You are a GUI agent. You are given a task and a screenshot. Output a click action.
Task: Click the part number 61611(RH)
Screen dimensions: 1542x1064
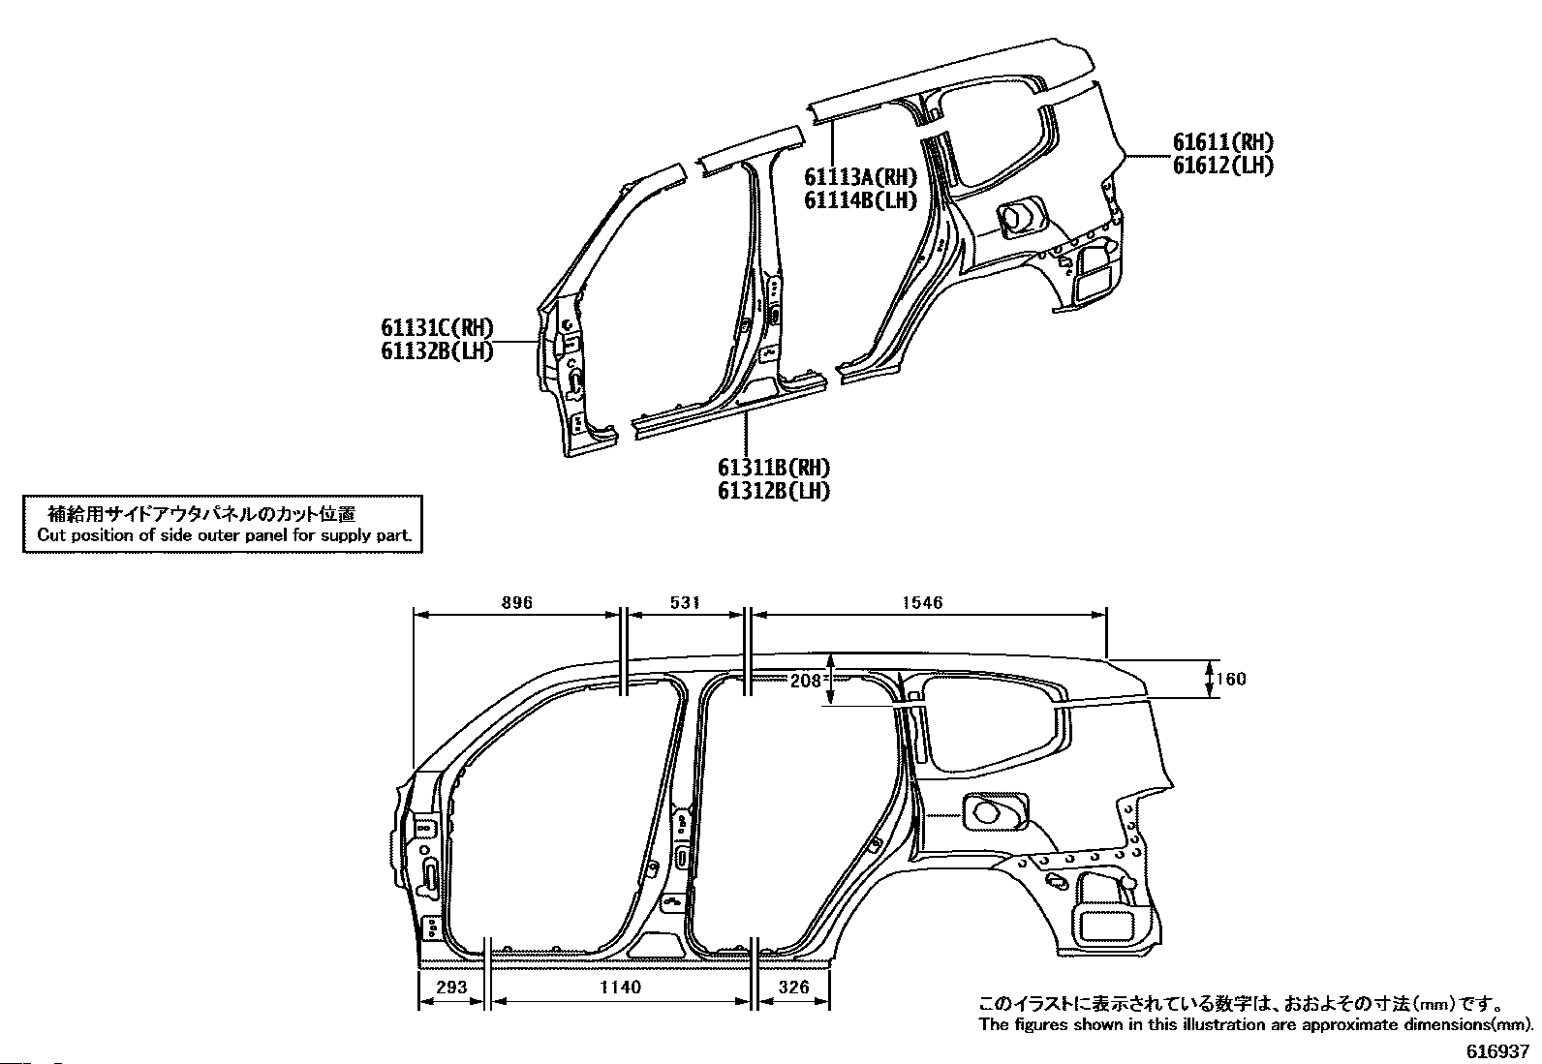pos(1223,141)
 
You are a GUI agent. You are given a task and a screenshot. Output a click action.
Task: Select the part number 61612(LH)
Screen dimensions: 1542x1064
pos(1223,166)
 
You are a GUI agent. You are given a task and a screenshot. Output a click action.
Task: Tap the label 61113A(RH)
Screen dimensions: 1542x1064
pos(860,177)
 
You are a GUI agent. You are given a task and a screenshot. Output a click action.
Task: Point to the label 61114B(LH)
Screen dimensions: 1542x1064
pos(860,200)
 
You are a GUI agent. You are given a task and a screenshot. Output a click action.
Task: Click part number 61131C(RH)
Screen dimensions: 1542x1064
pos(437,327)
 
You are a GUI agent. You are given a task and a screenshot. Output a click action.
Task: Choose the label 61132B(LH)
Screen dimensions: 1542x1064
pos(437,351)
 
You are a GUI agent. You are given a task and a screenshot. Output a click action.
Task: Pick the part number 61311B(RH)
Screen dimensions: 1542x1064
pos(774,468)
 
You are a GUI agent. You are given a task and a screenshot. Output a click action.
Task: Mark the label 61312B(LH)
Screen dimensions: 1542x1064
pos(774,491)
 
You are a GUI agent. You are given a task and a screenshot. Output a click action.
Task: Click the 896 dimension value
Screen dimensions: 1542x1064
pos(517,602)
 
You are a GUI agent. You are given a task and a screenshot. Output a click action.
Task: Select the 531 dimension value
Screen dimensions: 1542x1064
pos(685,602)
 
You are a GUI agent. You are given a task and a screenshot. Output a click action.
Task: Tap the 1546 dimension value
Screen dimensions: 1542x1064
pos(922,602)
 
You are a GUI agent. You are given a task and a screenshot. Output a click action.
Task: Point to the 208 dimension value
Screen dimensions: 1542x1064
pos(806,681)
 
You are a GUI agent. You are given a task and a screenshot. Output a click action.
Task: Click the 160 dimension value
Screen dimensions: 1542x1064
pos(1231,680)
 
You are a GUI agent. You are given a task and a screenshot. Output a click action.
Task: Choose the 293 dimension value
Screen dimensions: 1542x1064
pos(451,987)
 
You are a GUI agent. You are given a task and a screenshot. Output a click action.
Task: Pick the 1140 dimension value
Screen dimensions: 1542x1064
pos(620,987)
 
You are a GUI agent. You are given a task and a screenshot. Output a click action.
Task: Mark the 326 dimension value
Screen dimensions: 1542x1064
pos(793,987)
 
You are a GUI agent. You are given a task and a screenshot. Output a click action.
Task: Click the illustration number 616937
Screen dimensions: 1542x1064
pos(1497,1051)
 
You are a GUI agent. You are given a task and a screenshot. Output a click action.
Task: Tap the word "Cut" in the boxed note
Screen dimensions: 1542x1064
pos(49,534)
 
